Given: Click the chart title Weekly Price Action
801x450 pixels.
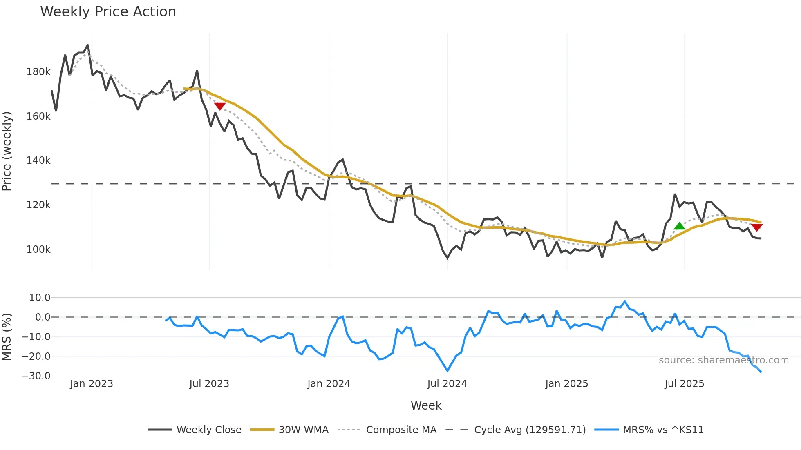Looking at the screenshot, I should (108, 12).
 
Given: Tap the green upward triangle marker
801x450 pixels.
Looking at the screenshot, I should (679, 226).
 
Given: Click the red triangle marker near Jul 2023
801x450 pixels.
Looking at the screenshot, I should (220, 106).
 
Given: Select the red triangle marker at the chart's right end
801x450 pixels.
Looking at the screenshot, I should (756, 227).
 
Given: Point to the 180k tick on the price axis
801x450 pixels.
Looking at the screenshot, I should (38, 72).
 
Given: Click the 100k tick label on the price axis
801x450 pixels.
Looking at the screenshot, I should (38, 250).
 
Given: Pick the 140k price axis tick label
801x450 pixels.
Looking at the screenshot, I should (38, 160).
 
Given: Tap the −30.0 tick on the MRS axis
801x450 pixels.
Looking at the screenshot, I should (36, 376).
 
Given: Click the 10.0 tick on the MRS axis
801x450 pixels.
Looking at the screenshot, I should (40, 298).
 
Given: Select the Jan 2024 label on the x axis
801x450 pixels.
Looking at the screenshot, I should (329, 384).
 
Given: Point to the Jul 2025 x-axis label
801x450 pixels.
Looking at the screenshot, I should (684, 384).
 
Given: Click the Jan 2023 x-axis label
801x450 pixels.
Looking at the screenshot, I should (92, 384).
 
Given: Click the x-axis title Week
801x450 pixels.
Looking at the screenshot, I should (426, 405).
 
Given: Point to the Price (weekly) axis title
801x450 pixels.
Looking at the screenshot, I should (7, 151).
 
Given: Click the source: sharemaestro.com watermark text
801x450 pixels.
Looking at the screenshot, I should (723, 360).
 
